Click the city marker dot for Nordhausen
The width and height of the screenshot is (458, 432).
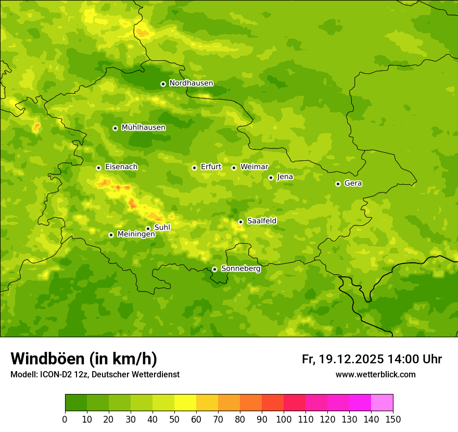[163, 84]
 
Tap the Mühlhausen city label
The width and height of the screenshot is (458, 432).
[144, 128]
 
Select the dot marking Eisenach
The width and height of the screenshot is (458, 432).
[98, 168]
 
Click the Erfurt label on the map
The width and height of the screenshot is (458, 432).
[211, 167]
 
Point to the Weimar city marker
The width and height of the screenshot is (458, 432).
[234, 168]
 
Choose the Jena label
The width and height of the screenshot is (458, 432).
[285, 177]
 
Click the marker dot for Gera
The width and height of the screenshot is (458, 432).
[338, 184]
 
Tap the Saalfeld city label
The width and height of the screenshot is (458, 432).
[261, 221]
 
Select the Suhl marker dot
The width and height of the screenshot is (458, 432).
[148, 228]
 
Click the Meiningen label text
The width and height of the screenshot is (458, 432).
[136, 235]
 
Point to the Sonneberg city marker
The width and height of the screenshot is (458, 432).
[214, 269]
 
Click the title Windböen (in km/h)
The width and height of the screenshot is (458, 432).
[84, 359]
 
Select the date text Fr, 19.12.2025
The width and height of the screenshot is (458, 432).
[342, 359]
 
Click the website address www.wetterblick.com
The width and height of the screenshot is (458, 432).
[375, 375]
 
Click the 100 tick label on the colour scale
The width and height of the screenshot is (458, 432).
[284, 420]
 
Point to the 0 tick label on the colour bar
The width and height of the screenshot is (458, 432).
[65, 420]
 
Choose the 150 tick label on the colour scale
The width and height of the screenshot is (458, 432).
[393, 420]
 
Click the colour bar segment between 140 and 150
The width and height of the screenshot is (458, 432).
[382, 403]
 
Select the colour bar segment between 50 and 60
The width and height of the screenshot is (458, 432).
[185, 403]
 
